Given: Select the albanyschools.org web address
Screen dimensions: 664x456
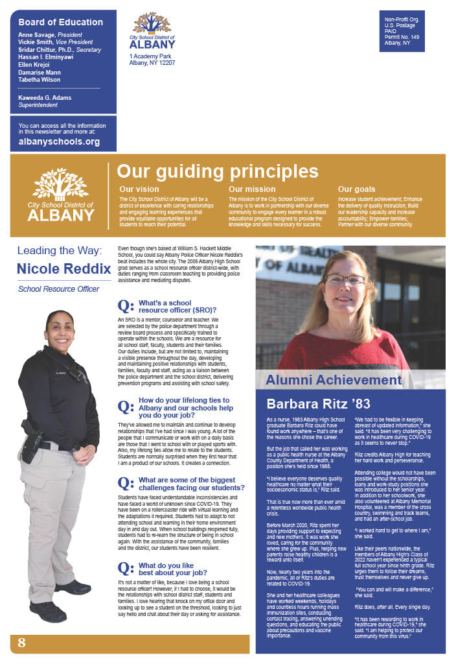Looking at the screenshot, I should pyautogui.click(x=59, y=141).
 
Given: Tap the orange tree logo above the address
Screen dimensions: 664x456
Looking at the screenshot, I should pyautogui.click(x=152, y=23).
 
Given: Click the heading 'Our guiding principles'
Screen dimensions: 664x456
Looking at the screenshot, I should pyautogui.click(x=217, y=171).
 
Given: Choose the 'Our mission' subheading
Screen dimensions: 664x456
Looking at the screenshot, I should pyautogui.click(x=252, y=189).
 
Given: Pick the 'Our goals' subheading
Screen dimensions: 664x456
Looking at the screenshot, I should pyautogui.click(x=356, y=189).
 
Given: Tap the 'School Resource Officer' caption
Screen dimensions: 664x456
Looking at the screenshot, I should pyautogui.click(x=58, y=289).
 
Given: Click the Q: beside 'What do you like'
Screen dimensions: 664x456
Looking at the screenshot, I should pyautogui.click(x=126, y=569).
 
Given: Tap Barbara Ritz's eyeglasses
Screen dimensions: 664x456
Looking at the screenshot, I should pyautogui.click(x=344, y=280).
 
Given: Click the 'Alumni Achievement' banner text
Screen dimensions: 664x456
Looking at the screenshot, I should pyautogui.click(x=334, y=380).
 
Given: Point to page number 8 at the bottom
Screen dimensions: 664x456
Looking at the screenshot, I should pyautogui.click(x=21, y=643).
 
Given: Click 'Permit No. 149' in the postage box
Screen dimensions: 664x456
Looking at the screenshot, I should pyautogui.click(x=402, y=37).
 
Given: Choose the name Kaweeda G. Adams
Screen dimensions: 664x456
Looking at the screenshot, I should pyautogui.click(x=45, y=98).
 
